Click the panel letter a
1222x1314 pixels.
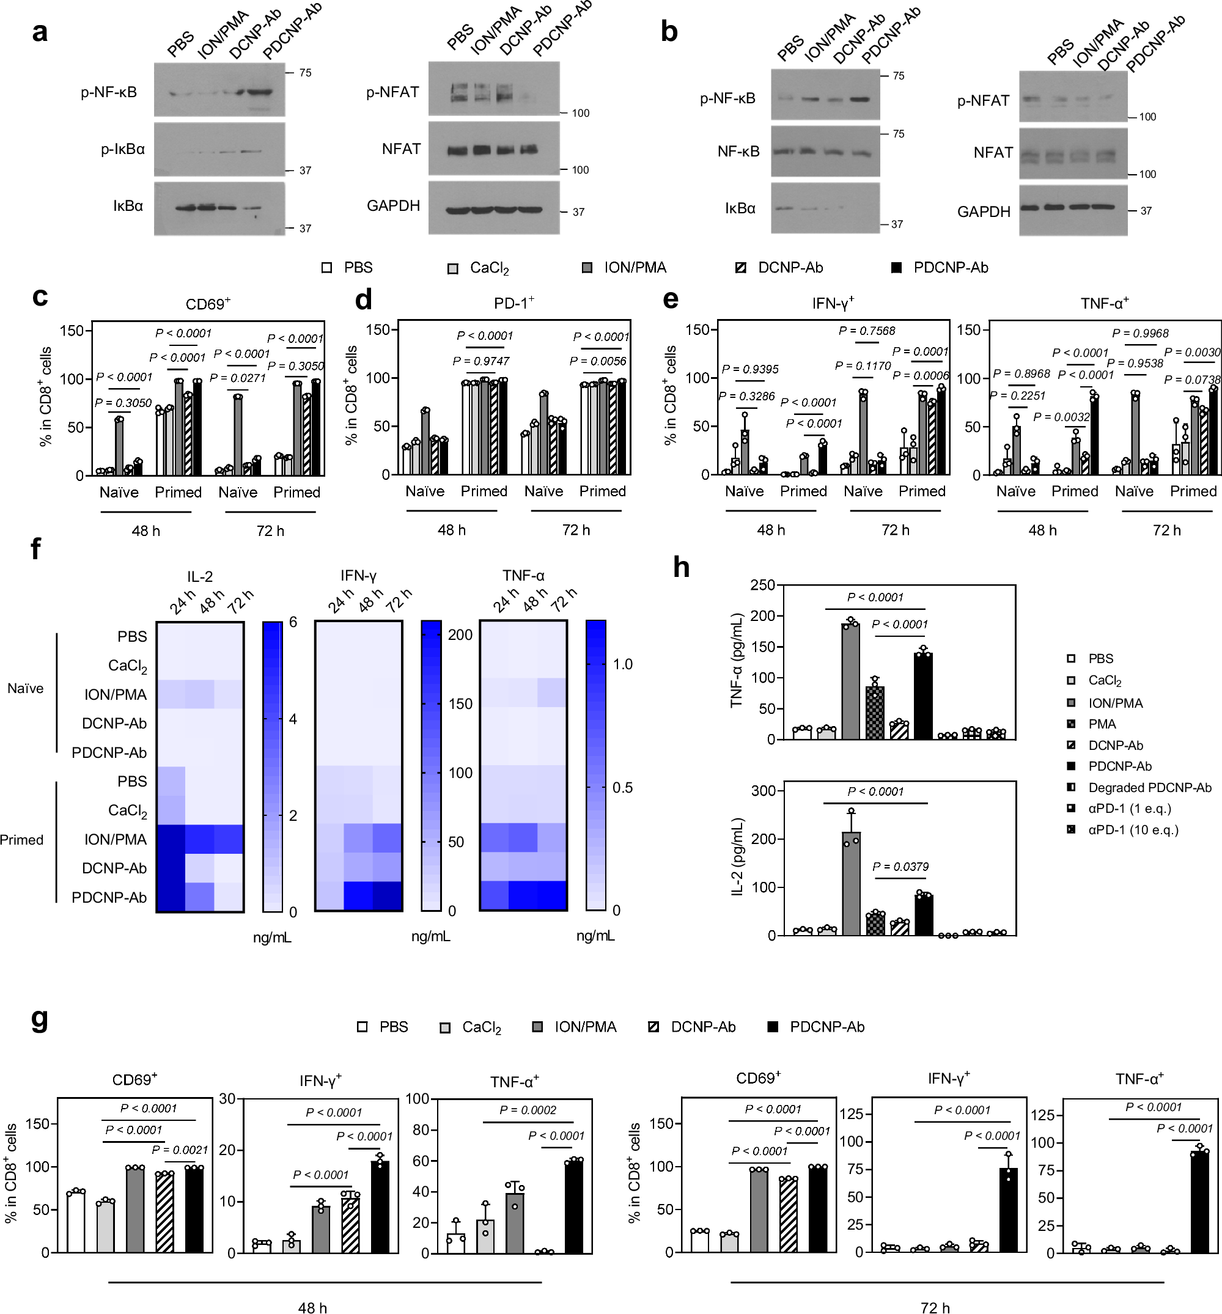click(x=40, y=32)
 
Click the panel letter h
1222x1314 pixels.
click(x=681, y=567)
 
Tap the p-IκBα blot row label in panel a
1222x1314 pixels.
click(x=122, y=149)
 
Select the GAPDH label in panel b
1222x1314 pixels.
click(x=984, y=211)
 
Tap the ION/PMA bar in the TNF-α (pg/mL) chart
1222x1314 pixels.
click(x=850, y=681)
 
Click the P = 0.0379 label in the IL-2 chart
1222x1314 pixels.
click(x=900, y=867)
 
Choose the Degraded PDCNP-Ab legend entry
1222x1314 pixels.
click(x=1149, y=787)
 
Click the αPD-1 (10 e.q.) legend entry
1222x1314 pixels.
click(x=1133, y=829)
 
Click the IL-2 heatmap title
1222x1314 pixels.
click(x=200, y=576)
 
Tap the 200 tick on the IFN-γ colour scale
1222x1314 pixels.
click(x=460, y=634)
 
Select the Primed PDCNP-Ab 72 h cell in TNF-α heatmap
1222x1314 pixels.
click(x=553, y=896)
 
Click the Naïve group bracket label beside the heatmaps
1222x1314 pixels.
click(x=25, y=688)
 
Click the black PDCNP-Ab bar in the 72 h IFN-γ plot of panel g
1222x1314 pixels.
click(x=1009, y=1209)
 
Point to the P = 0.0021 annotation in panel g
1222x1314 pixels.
click(x=180, y=1150)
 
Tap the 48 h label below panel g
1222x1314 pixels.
click(x=312, y=1307)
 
